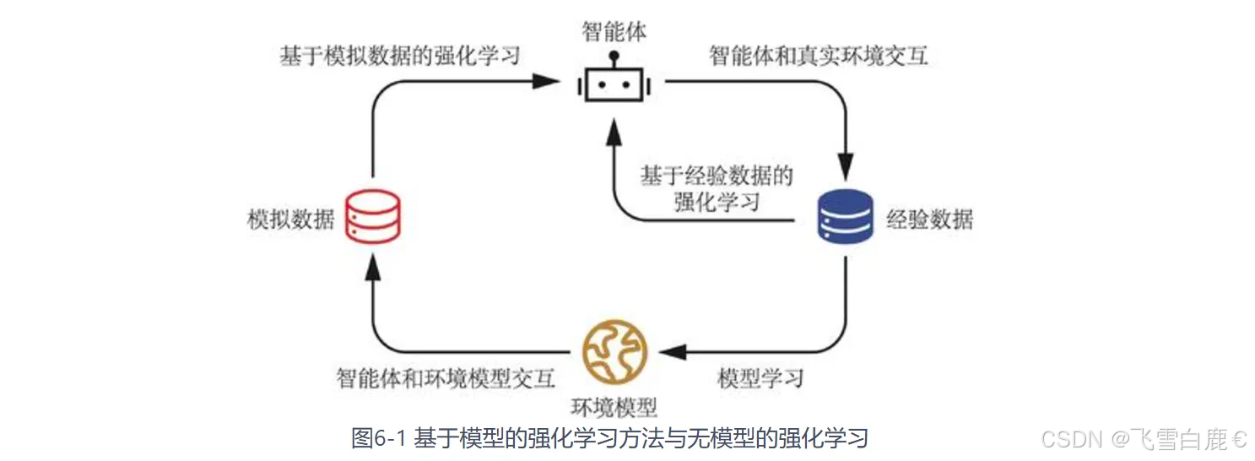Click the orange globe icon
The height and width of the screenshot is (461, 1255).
614,352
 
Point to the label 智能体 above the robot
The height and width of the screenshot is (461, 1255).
614,33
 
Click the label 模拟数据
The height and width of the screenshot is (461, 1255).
291,220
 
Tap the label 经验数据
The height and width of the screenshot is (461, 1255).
929,220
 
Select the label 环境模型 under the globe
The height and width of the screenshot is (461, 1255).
614,407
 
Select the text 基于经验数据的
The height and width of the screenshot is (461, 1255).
717,176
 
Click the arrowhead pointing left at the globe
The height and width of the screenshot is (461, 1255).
672,351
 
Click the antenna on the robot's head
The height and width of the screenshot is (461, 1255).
614,59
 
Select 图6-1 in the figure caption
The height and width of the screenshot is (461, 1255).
380,438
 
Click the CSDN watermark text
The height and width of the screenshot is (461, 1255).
1072,439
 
